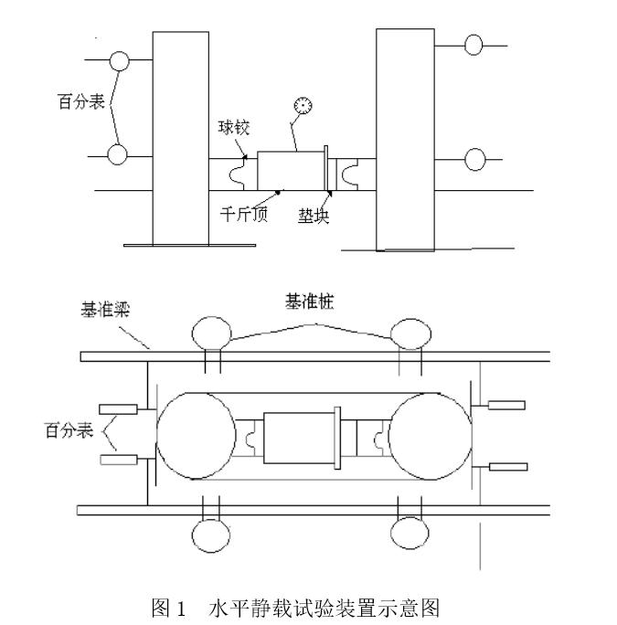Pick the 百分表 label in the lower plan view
pyautogui.click(x=69, y=429)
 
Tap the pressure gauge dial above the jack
pyautogui.click(x=302, y=107)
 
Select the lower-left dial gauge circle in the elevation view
pyautogui.click(x=118, y=154)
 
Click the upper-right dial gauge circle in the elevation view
pyautogui.click(x=475, y=44)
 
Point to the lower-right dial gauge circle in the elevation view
pyautogui.click(x=475, y=159)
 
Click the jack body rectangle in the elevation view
pyautogui.click(x=291, y=170)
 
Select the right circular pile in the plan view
pyautogui.click(x=430, y=435)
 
